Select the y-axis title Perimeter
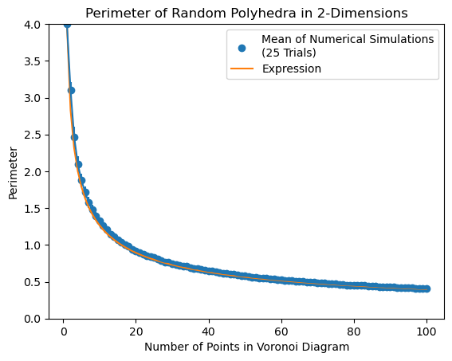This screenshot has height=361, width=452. (x=13, y=173)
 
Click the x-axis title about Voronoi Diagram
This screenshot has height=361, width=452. (x=246, y=347)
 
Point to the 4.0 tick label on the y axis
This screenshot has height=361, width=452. (x=33, y=25)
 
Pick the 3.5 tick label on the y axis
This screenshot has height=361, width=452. (x=33, y=61)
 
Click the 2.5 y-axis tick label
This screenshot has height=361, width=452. (x=33, y=135)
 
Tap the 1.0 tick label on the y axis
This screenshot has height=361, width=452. (x=33, y=245)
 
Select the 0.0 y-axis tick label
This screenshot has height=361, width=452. (x=33, y=319)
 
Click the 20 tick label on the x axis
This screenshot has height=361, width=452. (x=136, y=332)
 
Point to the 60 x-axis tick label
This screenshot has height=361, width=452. (x=281, y=332)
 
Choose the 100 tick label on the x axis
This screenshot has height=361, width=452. (x=426, y=332)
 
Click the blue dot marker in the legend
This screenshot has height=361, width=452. (x=242, y=49)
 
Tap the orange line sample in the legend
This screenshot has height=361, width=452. (x=242, y=69)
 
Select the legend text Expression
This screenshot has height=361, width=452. (x=292, y=69)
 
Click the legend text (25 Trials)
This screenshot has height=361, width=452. (x=289, y=53)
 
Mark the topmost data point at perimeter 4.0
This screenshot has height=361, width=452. (x=67, y=26)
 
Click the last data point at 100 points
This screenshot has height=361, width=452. (x=426, y=288)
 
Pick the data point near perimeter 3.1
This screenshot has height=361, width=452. (x=71, y=91)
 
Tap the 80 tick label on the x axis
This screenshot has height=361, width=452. (x=354, y=332)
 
